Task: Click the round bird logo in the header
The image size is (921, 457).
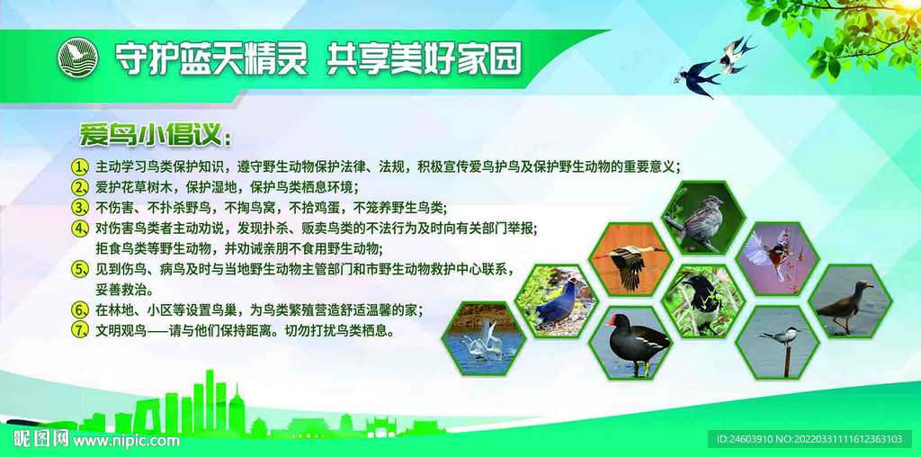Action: pyautogui.click(x=77, y=58)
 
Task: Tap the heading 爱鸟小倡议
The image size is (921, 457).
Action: pyautogui.click(x=156, y=136)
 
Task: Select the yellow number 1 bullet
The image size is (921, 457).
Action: pyautogui.click(x=79, y=166)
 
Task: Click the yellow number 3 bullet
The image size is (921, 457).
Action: pyautogui.click(x=79, y=207)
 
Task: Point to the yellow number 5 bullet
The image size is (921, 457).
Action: pyautogui.click(x=79, y=270)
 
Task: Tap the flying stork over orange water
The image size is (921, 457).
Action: pyautogui.click(x=630, y=259)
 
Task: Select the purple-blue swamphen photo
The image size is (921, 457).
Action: pyautogui.click(x=556, y=300)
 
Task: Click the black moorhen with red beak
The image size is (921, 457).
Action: pyautogui.click(x=630, y=343)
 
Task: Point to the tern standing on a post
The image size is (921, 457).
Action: pyautogui.click(x=776, y=343)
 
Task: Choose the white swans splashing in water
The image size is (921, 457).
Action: pyautogui.click(x=483, y=338)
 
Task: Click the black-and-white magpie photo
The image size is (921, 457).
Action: pyautogui.click(x=703, y=300)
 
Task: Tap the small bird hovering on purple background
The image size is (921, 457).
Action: pyautogui.click(x=776, y=259)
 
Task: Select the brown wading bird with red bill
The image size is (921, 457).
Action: pyautogui.click(x=850, y=300)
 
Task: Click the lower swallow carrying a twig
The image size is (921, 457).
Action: pyautogui.click(x=698, y=77)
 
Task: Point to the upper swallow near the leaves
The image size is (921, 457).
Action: pyautogui.click(x=737, y=54)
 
